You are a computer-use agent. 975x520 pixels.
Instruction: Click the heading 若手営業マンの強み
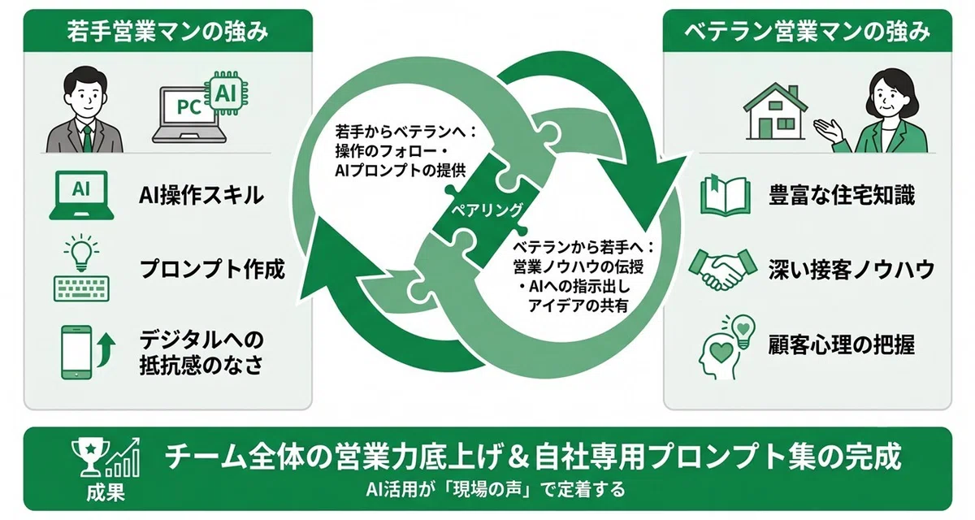[x=167, y=32]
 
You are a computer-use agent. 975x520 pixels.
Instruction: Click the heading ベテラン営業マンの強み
[x=808, y=32]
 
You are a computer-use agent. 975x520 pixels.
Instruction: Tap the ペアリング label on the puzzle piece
[x=487, y=210]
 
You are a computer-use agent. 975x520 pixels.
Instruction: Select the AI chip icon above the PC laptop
[x=226, y=93]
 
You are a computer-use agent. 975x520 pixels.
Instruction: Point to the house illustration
[x=775, y=111]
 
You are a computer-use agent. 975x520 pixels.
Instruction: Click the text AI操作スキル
[x=201, y=195]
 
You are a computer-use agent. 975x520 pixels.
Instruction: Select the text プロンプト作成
[x=212, y=269]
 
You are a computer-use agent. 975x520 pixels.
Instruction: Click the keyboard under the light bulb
[x=81, y=288]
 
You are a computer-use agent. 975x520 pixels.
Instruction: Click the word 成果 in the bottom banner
[x=106, y=492]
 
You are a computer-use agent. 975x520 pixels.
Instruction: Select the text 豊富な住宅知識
[x=842, y=195]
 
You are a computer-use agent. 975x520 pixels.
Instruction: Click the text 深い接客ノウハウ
[x=851, y=270]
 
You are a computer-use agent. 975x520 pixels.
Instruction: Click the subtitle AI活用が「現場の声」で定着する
[x=496, y=489]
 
